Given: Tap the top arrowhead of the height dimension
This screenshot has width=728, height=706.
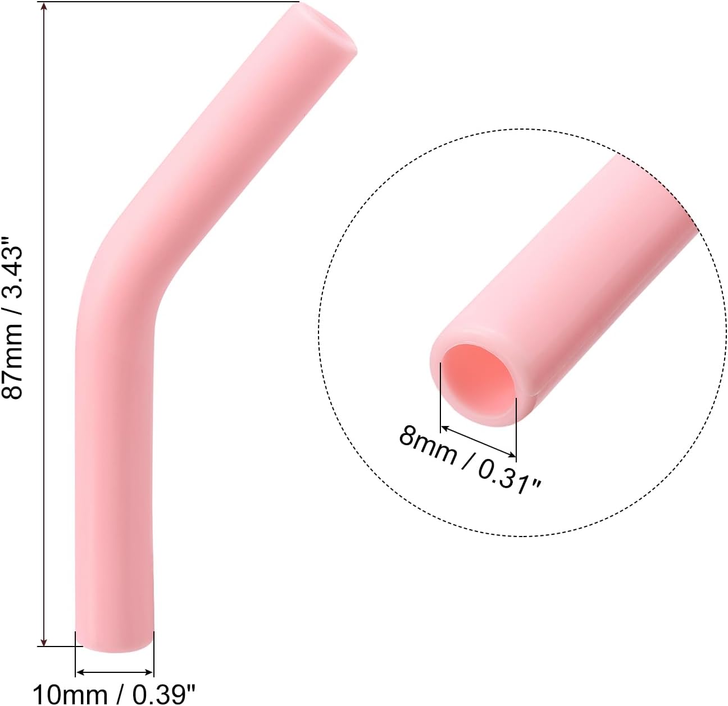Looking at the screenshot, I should click(x=44, y=7).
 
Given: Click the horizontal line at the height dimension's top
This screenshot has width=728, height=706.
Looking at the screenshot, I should click(x=169, y=2).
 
